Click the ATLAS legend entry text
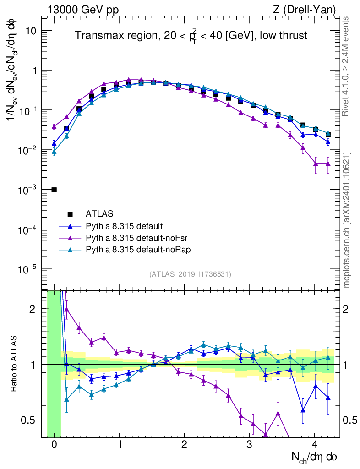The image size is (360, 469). [x=99, y=213]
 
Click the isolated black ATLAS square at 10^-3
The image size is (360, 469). [x=54, y=190]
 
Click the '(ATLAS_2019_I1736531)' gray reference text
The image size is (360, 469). [x=190, y=274]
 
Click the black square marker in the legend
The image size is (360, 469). [x=70, y=213]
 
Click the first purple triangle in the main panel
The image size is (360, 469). [x=54, y=126]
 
